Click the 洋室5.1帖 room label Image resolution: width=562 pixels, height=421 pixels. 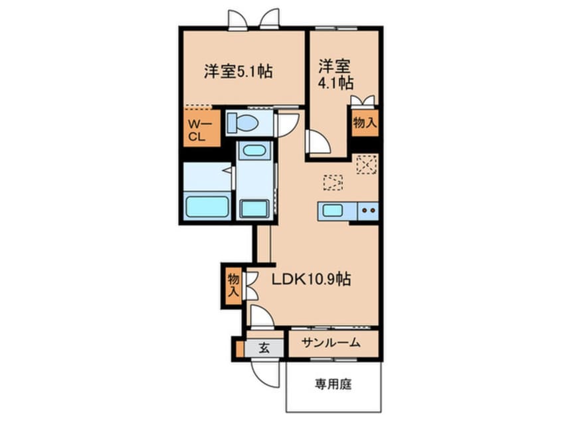tap(239, 71)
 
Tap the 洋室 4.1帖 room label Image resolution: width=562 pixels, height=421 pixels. tap(335, 74)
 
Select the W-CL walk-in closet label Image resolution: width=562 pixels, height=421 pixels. tap(200, 130)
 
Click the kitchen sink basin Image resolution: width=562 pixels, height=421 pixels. tap(331, 211)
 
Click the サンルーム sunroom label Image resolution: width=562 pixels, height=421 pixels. tap(331, 343)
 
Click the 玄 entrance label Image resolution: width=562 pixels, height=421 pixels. tap(263, 347)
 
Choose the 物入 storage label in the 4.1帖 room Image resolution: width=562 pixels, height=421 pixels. tap(365, 122)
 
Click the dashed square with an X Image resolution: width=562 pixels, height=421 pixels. tap(366, 164)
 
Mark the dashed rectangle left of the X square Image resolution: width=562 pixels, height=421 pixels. tap(333, 181)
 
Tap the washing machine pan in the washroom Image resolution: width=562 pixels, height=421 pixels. tap(254, 207)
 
